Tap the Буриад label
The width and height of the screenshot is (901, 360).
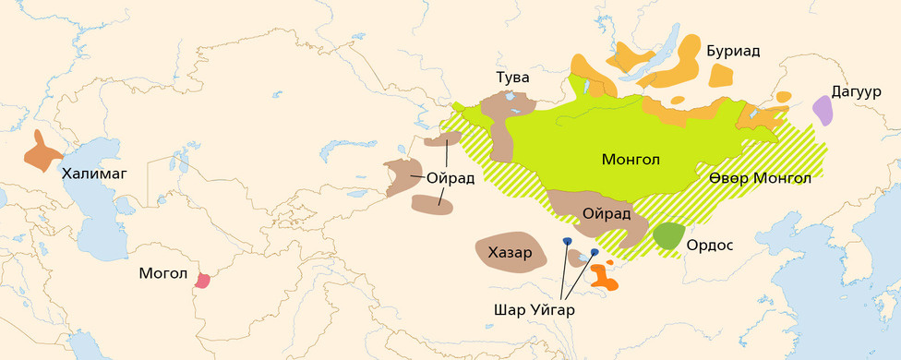tap(733, 51)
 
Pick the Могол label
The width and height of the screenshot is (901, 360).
tap(163, 275)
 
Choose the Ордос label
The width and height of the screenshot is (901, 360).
tap(710, 246)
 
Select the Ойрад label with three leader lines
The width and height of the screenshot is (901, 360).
tap(450, 178)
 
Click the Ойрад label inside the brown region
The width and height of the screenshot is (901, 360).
tap(607, 213)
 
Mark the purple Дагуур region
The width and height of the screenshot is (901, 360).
tap(823, 111)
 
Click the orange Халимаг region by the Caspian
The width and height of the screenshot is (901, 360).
tap(42, 153)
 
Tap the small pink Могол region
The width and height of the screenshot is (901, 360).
tap(204, 279)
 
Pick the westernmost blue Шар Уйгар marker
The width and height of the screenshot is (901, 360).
tap(567, 241)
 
